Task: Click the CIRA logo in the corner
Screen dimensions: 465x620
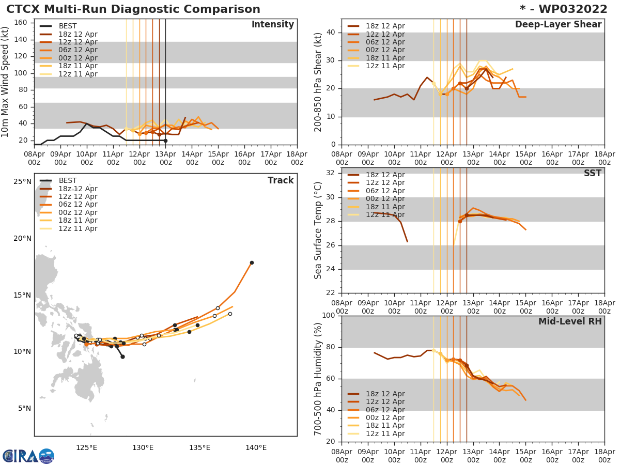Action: tap(28, 456)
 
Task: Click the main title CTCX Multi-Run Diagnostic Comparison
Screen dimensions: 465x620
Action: tap(133, 9)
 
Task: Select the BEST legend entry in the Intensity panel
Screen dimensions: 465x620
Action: tap(67, 26)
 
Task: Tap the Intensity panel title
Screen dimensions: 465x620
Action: tap(272, 25)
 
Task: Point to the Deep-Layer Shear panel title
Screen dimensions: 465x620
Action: tap(558, 25)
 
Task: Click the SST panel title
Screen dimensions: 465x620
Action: tap(592, 174)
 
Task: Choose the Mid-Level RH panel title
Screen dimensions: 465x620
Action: tap(570, 322)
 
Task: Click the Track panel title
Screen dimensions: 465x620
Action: tap(281, 180)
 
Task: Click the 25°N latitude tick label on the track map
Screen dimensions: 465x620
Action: tap(22, 182)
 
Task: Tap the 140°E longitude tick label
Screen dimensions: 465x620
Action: tap(256, 447)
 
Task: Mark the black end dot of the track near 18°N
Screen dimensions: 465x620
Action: tap(252, 262)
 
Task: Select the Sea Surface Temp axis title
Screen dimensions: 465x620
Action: tap(319, 230)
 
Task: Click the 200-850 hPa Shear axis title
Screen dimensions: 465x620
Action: tap(319, 82)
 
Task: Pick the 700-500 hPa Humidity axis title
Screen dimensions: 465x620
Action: tap(319, 379)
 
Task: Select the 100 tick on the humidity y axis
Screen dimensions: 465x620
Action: tap(329, 316)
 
